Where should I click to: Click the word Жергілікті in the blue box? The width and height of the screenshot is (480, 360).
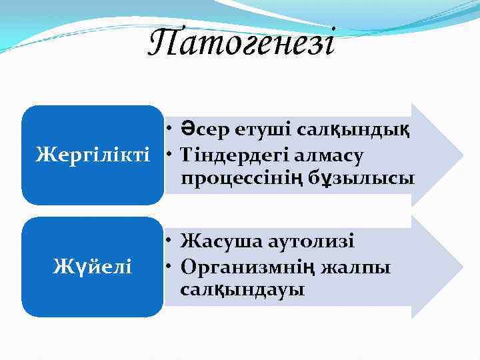[x=92, y=155]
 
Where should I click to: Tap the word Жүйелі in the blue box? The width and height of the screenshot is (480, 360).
[x=92, y=267]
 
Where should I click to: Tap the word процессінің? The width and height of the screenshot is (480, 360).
[x=239, y=179]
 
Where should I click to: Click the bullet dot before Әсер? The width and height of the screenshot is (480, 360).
[x=171, y=130]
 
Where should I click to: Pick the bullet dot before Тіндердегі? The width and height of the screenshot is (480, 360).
[x=171, y=155]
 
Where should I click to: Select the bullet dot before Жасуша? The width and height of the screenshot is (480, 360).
[x=171, y=240]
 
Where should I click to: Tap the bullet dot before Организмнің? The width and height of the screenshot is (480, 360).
[x=171, y=265]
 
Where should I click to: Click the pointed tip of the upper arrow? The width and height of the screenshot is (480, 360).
[x=461, y=155]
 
